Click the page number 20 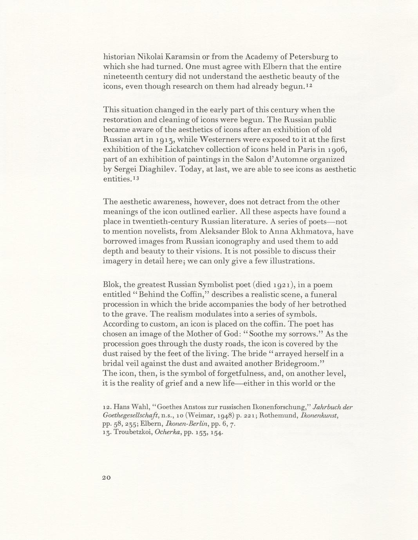click(x=107, y=477)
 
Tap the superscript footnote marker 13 click(x=136, y=177)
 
